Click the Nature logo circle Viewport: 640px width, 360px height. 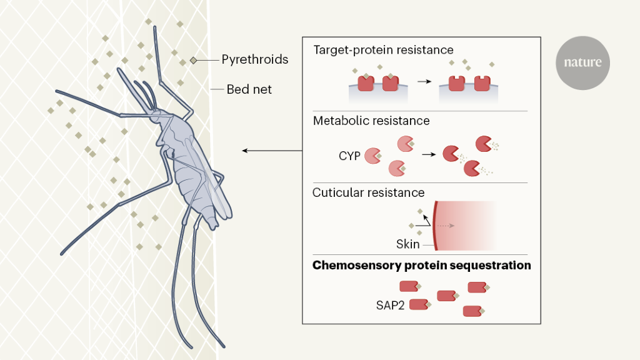point(582,62)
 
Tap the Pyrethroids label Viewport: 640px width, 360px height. point(255,60)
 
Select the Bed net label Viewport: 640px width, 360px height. point(249,89)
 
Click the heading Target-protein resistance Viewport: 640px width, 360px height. point(383,49)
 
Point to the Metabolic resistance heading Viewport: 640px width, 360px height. point(371,121)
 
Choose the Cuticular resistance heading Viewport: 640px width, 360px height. point(368,192)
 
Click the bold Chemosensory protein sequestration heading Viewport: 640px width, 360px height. point(421,266)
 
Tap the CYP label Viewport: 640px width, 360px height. point(350,156)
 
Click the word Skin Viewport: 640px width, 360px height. point(407,244)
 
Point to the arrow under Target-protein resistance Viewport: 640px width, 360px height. point(424,82)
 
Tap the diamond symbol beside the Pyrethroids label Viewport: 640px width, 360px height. point(194,60)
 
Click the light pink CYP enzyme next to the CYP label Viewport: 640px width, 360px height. point(373,156)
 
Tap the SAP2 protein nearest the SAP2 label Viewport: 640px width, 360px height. point(418,304)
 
